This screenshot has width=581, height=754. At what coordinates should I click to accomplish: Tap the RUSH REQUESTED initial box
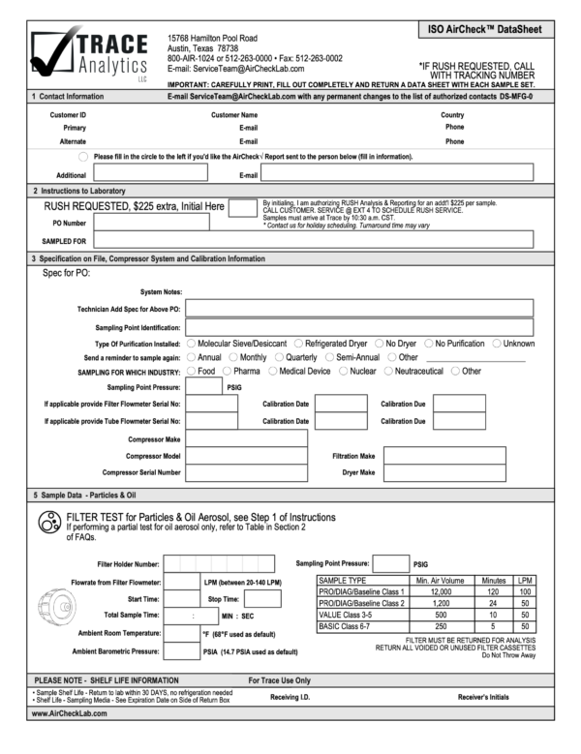pos(242,206)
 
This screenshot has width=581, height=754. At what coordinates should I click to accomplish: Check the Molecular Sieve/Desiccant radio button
pos(191,343)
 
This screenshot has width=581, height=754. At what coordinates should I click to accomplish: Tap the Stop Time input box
pos(262,598)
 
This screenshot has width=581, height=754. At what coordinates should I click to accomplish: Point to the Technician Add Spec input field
pos(359,309)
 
